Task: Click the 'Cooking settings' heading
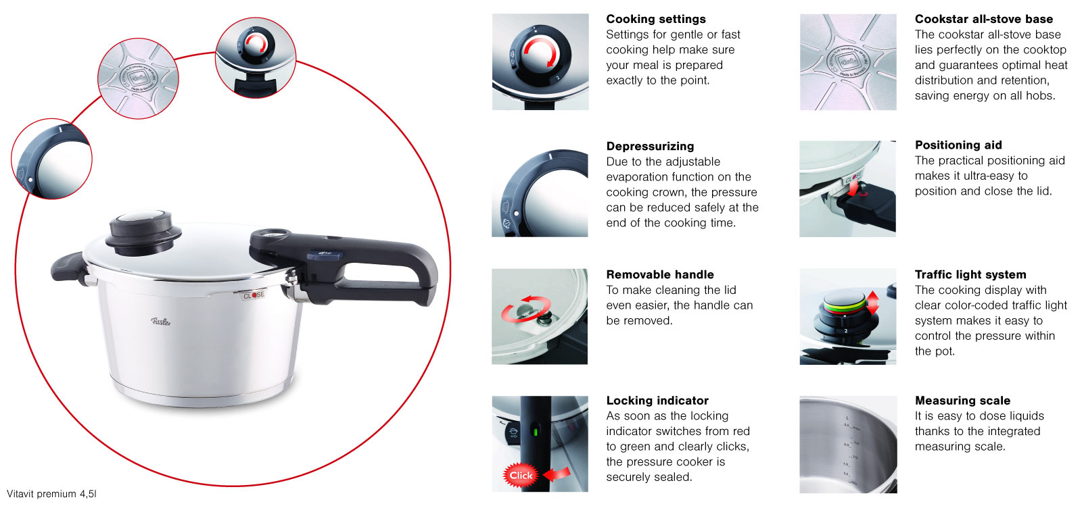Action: click(655, 19)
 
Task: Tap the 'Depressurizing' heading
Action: click(650, 146)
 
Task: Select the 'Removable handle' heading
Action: click(659, 274)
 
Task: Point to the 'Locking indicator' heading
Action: click(657, 401)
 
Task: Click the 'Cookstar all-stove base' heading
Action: click(983, 19)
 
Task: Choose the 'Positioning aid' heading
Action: click(958, 145)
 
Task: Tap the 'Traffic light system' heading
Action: click(970, 274)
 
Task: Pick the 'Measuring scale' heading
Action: click(962, 401)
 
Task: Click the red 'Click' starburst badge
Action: click(521, 475)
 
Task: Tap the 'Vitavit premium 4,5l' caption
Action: click(51, 494)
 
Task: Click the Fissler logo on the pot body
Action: click(160, 322)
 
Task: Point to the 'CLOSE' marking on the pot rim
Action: click(254, 295)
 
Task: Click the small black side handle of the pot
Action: click(68, 268)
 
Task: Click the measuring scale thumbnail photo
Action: click(848, 445)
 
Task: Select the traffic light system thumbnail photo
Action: click(848, 316)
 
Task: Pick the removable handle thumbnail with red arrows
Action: click(540, 316)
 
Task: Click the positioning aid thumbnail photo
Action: click(847, 189)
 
